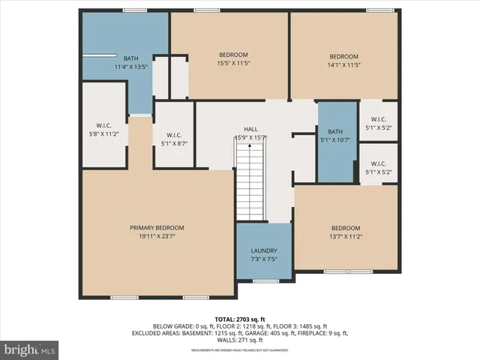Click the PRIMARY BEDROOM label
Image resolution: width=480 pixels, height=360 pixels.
coord(157,228)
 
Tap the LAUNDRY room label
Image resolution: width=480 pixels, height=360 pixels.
coord(264,250)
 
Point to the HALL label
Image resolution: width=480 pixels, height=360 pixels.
coord(250,129)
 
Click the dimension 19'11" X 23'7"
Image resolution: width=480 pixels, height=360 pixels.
coord(157,236)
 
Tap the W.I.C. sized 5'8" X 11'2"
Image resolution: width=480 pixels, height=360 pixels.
coord(103,129)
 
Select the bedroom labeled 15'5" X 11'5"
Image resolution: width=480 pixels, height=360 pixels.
coord(233,59)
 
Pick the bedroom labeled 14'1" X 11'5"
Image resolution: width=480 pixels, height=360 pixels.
coord(344,61)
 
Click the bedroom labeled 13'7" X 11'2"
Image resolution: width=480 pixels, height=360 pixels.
coord(346,232)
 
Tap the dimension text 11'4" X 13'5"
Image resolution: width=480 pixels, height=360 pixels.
coord(130,67)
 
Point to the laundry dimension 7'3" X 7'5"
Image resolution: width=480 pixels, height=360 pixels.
coord(264,259)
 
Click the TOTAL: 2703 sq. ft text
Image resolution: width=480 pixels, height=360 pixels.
coord(240,319)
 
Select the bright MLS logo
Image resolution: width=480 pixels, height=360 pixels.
coord(30,349)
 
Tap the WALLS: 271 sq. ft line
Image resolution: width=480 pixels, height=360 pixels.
coord(240,340)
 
